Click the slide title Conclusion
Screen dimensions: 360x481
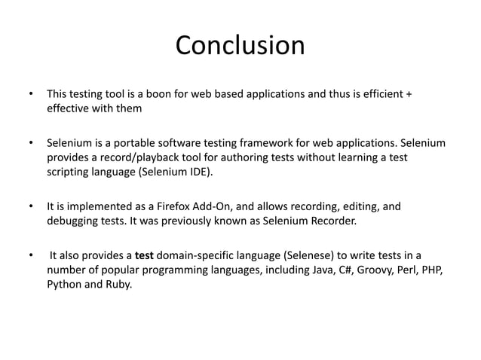tap(240, 46)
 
